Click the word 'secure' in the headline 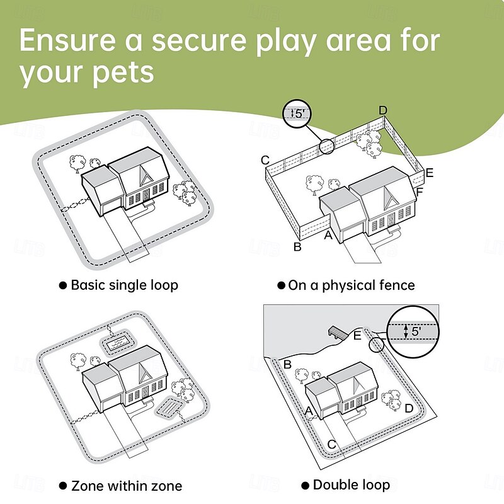pos(200,40)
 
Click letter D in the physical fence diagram pos(382,111)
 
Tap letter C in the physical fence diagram pos(265,160)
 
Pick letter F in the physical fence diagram pos(420,192)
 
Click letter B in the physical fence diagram pos(297,247)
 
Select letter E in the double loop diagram pos(357,336)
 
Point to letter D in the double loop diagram pos(409,408)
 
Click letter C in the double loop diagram pos(332,445)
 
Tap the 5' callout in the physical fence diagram pos(297,113)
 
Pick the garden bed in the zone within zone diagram pos(169,407)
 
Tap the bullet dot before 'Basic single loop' pos(63,285)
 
